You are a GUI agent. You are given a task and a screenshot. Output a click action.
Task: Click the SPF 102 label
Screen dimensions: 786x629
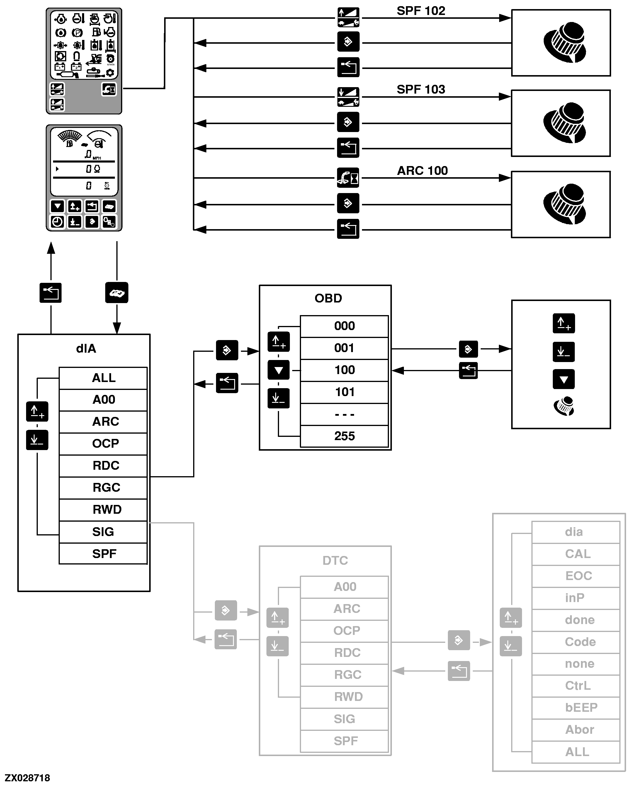[x=421, y=11]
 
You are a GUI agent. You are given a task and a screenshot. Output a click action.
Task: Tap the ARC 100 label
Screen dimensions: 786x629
[x=422, y=171]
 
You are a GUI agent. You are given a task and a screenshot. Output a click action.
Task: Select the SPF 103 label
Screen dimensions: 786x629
[x=421, y=89]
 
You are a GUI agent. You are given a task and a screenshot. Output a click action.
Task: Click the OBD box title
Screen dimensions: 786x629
[x=328, y=298]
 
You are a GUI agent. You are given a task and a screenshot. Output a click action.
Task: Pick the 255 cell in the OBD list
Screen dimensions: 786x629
[x=344, y=436]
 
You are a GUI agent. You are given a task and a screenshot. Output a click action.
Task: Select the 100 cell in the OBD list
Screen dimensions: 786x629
[x=344, y=370]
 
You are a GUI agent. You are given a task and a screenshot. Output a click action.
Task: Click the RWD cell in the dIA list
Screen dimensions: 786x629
[x=107, y=510]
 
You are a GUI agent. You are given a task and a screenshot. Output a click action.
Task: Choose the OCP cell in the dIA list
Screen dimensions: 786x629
[x=105, y=444]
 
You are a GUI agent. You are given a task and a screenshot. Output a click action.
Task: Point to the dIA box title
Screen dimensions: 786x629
[x=86, y=349]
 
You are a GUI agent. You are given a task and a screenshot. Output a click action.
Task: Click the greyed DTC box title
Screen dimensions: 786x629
[x=335, y=560]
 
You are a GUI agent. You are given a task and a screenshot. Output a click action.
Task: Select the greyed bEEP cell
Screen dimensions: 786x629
[x=581, y=707]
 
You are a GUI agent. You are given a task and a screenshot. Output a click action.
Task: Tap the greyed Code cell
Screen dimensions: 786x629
[x=580, y=642]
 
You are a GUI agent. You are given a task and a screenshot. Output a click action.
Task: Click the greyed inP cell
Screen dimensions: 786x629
[x=574, y=598]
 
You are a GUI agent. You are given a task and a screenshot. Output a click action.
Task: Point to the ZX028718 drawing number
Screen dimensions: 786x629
[x=27, y=777]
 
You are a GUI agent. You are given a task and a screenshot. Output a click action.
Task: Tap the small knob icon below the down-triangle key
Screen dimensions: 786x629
[x=564, y=406]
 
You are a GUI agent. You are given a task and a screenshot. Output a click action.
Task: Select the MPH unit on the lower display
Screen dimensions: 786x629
[x=97, y=158]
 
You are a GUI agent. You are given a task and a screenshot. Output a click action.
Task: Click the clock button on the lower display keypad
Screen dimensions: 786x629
[x=57, y=222]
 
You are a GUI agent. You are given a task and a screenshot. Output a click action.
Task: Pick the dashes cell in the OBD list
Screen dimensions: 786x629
[x=344, y=415]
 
